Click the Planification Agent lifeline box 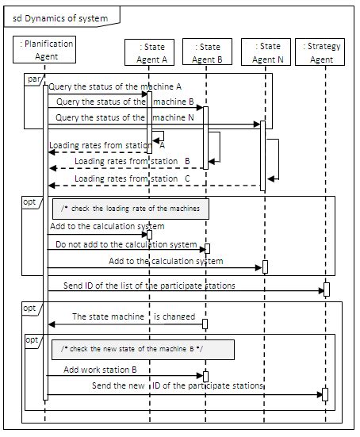[47, 51]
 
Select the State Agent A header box [146, 52]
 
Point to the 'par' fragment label [33, 81]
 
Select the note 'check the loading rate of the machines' [131, 209]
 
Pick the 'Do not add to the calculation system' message [125, 244]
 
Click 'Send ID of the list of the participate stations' [149, 284]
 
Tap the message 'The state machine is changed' [133, 316]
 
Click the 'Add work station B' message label [100, 369]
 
